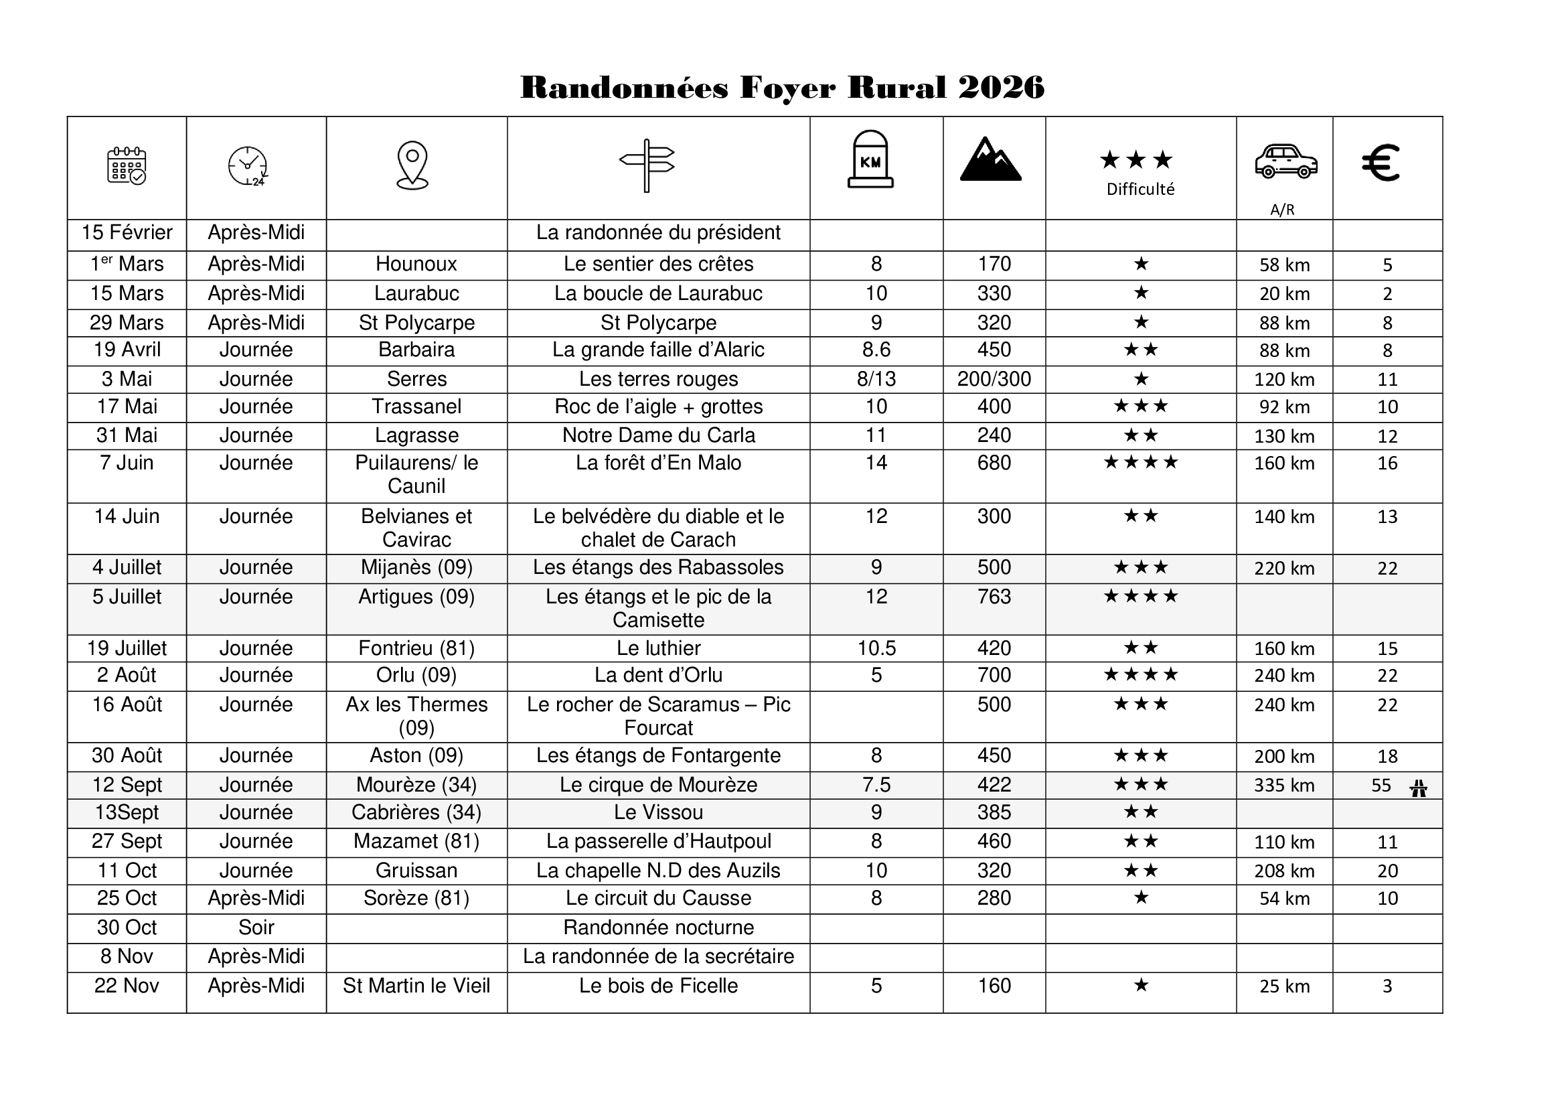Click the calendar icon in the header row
[x=127, y=165]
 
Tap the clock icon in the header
[x=248, y=165]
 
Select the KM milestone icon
[x=870, y=159]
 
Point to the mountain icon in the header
[x=990, y=159]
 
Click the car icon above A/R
[x=1285, y=161]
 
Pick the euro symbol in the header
[x=1381, y=163]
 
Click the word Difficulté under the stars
[x=1140, y=190]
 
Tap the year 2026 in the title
[x=1000, y=88]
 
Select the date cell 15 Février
[x=127, y=232]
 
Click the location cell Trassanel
[x=416, y=407]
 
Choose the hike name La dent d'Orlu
[x=658, y=675]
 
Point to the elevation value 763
[x=994, y=597]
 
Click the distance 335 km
[x=1284, y=786]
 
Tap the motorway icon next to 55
[x=1419, y=788]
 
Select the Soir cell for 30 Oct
[x=256, y=928]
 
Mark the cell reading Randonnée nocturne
[x=658, y=928]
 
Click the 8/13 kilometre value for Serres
[x=876, y=379]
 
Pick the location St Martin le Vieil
[x=416, y=986]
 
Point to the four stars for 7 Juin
[x=1140, y=463]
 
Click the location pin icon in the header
[x=412, y=165]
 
